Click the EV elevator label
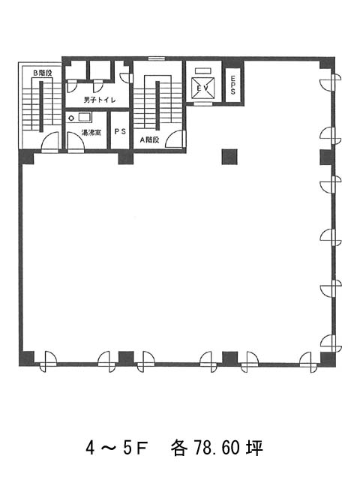pos(202,88)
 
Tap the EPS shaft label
pos(233,85)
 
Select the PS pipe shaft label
pos(120,132)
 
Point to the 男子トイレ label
pos(99,100)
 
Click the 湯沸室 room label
pos(91,133)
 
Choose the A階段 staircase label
pos(150,140)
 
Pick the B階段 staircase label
pos(43,73)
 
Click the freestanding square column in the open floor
pos(229,157)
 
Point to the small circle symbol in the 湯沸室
pos(71,118)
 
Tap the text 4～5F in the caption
pos(117,448)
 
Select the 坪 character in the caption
pos(255,448)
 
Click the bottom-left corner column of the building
pos(27,358)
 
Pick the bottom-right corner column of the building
pos(328,359)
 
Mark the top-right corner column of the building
pos(327,63)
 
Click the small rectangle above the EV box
pos(203,71)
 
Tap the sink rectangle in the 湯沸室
pos(85,117)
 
